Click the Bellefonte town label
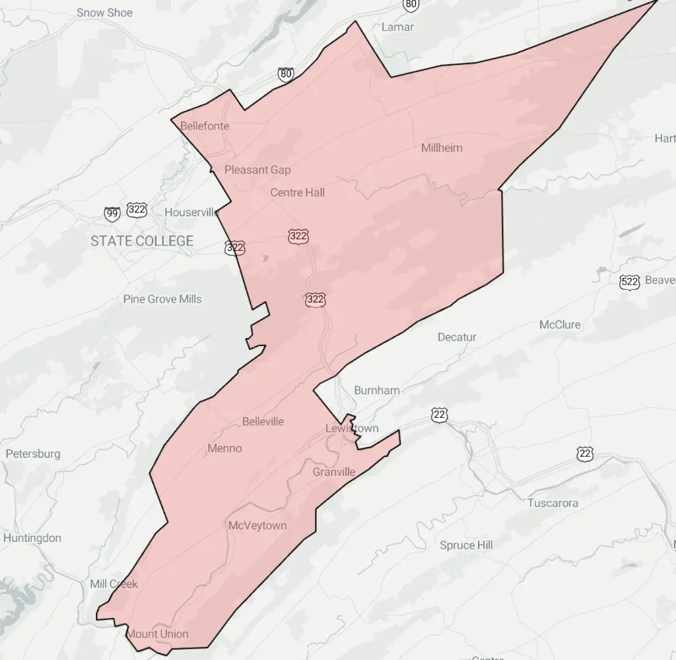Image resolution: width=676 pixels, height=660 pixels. [204, 125]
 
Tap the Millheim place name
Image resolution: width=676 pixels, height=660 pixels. [442, 147]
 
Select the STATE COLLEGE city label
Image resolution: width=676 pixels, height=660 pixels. [142, 241]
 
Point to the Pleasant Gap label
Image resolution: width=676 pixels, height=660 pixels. [257, 170]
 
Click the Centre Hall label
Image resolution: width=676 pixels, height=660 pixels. [298, 192]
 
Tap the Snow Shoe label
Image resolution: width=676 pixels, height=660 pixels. [104, 13]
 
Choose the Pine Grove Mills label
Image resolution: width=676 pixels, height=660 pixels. [162, 299]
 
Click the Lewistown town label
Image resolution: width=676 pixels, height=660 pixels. [352, 428]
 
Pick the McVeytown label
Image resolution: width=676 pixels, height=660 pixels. [257, 525]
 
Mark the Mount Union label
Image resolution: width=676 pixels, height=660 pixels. [157, 634]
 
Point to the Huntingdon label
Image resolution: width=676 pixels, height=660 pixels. [32, 538]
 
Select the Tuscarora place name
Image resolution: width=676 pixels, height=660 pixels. [553, 503]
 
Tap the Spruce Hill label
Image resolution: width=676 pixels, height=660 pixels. [467, 545]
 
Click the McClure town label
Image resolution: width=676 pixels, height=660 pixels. [560, 325]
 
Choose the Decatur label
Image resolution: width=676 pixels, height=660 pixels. [457, 337]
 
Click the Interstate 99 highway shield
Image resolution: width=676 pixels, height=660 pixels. [112, 213]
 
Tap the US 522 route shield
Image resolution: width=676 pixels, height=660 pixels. [630, 282]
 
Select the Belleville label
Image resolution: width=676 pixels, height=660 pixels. [263, 421]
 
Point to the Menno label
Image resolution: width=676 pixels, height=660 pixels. [224, 448]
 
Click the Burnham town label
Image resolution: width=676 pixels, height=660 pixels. [377, 390]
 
